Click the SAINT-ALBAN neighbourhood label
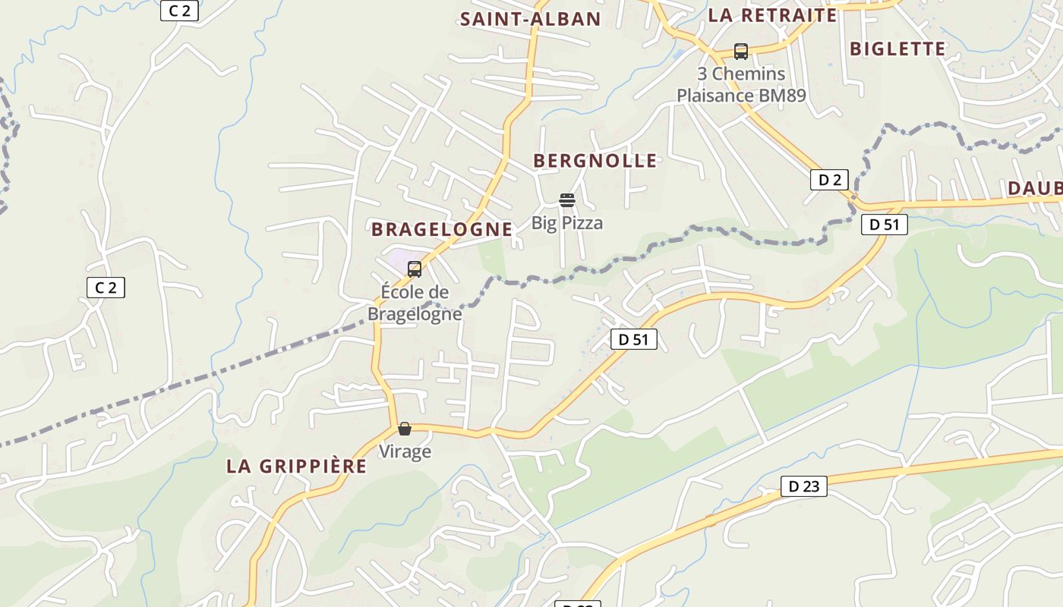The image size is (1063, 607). [530, 19]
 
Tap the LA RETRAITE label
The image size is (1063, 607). [772, 15]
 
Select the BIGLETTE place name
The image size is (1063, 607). [897, 49]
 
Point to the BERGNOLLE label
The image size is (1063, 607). [595, 161]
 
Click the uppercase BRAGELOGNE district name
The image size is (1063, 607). [441, 229]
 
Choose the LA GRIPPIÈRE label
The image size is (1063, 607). [296, 466]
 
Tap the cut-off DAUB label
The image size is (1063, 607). [1034, 188]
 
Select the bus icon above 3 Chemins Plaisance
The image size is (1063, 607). [740, 52]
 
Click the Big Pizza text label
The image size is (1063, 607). [567, 222]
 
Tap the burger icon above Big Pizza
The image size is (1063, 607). [567, 200]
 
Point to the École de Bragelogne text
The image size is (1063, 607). [415, 303]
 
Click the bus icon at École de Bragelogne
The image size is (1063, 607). [415, 269]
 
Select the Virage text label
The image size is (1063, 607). [405, 451]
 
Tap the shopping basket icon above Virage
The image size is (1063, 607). [405, 429]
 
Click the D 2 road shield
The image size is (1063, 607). [829, 180]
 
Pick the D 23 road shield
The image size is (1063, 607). [803, 486]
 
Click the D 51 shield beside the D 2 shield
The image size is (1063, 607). [884, 224]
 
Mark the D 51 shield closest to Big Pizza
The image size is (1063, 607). [633, 339]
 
